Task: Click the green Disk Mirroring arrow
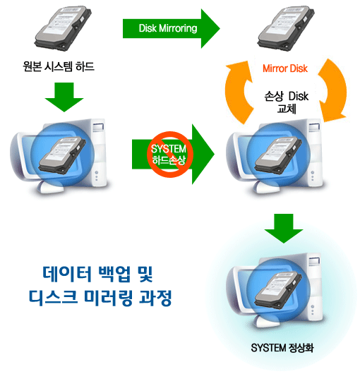click(171, 29)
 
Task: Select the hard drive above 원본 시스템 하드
click(63, 28)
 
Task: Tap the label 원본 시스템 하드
click(59, 66)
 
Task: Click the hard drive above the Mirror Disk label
click(286, 28)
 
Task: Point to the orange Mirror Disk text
click(285, 68)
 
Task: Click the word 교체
click(287, 109)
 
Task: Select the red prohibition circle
click(169, 155)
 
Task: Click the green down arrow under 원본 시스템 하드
click(64, 97)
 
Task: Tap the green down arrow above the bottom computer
click(284, 228)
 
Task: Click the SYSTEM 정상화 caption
click(282, 348)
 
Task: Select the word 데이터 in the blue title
click(67, 274)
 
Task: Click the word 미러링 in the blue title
click(109, 298)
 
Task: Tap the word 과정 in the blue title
click(155, 298)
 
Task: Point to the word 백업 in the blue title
click(115, 274)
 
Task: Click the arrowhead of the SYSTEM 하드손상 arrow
click(203, 154)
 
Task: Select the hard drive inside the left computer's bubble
click(62, 155)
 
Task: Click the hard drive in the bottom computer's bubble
click(278, 291)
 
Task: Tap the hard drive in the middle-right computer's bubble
click(278, 155)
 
